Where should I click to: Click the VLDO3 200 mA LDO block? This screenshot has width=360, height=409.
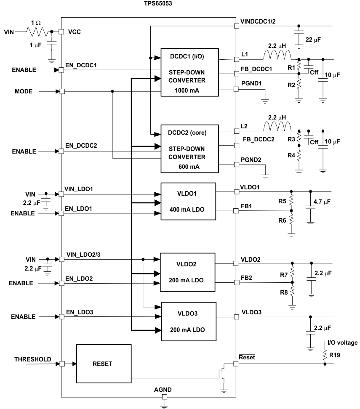(188, 321)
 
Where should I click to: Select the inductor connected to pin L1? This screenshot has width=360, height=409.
(277, 55)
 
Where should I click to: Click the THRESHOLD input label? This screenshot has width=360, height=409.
(33, 359)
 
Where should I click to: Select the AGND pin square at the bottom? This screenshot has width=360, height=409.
(165, 397)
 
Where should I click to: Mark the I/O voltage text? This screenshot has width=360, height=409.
(341, 343)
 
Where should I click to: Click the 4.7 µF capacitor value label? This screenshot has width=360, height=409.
(323, 202)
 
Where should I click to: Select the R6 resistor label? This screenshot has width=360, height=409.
(283, 219)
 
